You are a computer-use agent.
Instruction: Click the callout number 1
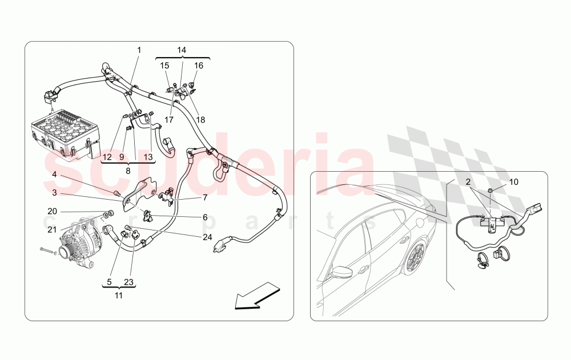click(139, 50)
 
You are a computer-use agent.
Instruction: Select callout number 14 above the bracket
click(182, 50)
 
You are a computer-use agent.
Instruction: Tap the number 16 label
click(199, 66)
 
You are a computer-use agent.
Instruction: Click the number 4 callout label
click(54, 174)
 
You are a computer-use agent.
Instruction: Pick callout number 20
click(52, 211)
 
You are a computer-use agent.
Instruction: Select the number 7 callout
click(204, 198)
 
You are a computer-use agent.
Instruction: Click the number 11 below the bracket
click(118, 296)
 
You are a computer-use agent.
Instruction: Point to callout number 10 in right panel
click(514, 182)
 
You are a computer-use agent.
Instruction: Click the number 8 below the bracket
click(128, 170)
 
